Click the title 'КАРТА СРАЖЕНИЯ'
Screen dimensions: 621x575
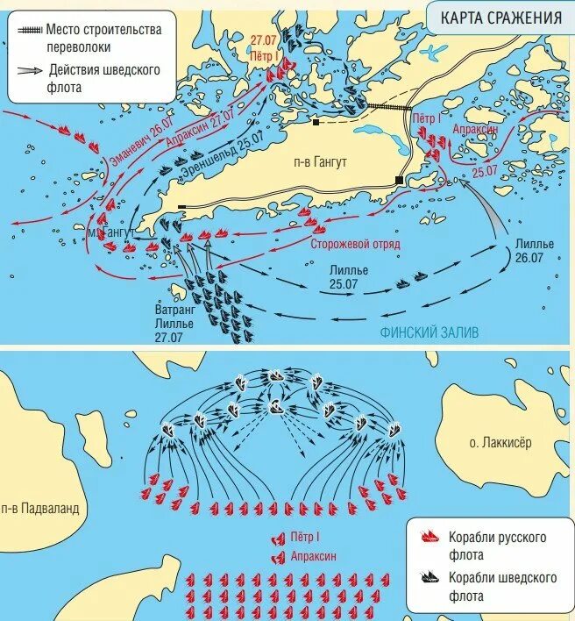(x=500, y=18)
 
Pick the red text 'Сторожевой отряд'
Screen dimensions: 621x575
(x=355, y=244)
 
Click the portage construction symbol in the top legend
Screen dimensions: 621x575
(x=28, y=30)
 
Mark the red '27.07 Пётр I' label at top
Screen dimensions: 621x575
(x=264, y=47)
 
